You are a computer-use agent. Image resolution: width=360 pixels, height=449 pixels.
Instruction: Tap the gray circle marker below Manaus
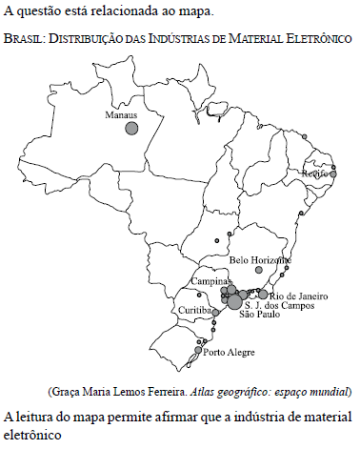click(131, 129)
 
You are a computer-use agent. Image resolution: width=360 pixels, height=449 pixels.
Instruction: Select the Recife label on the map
click(314, 173)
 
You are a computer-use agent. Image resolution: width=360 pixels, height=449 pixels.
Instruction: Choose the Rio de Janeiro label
click(298, 296)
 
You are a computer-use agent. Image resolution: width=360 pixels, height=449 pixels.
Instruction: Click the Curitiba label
click(196, 311)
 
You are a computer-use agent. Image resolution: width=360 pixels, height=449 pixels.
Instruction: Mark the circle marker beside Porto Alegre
click(198, 351)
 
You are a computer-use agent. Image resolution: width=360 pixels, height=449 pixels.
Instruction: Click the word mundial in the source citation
click(330, 392)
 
